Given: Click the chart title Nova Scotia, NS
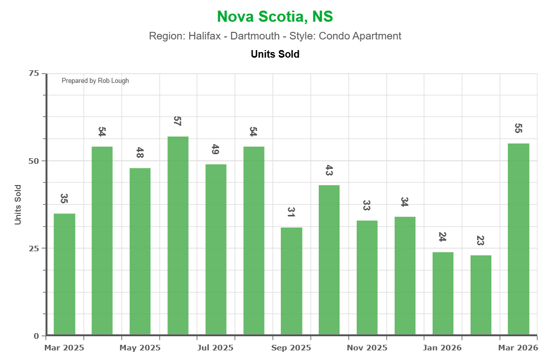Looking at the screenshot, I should [x=275, y=17].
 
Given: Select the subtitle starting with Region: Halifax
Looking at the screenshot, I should [x=275, y=36].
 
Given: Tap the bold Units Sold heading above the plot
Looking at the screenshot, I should [x=275, y=54].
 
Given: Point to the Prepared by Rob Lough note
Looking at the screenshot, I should [x=95, y=81].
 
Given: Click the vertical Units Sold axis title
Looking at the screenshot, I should [x=18, y=204].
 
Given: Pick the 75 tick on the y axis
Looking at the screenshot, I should [x=34, y=73].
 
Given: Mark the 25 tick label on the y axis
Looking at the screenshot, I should [x=34, y=248].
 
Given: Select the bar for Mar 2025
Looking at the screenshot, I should [x=64, y=274].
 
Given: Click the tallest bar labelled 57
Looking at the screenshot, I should [x=178, y=236].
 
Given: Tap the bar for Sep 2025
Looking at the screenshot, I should [x=291, y=281].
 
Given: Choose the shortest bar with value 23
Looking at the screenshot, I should [x=481, y=295].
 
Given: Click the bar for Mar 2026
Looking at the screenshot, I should [x=519, y=239].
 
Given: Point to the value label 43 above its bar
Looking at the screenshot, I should [x=329, y=170].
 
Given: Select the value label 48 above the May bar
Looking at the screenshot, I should [x=140, y=153].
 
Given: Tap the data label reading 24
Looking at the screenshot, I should [x=442, y=237].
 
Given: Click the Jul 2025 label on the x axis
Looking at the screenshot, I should [x=216, y=348].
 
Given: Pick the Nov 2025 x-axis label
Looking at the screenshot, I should [x=367, y=348].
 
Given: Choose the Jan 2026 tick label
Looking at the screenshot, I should [x=443, y=348].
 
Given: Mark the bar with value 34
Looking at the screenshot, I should [x=405, y=276].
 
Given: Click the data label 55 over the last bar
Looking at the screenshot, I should [x=518, y=128].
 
